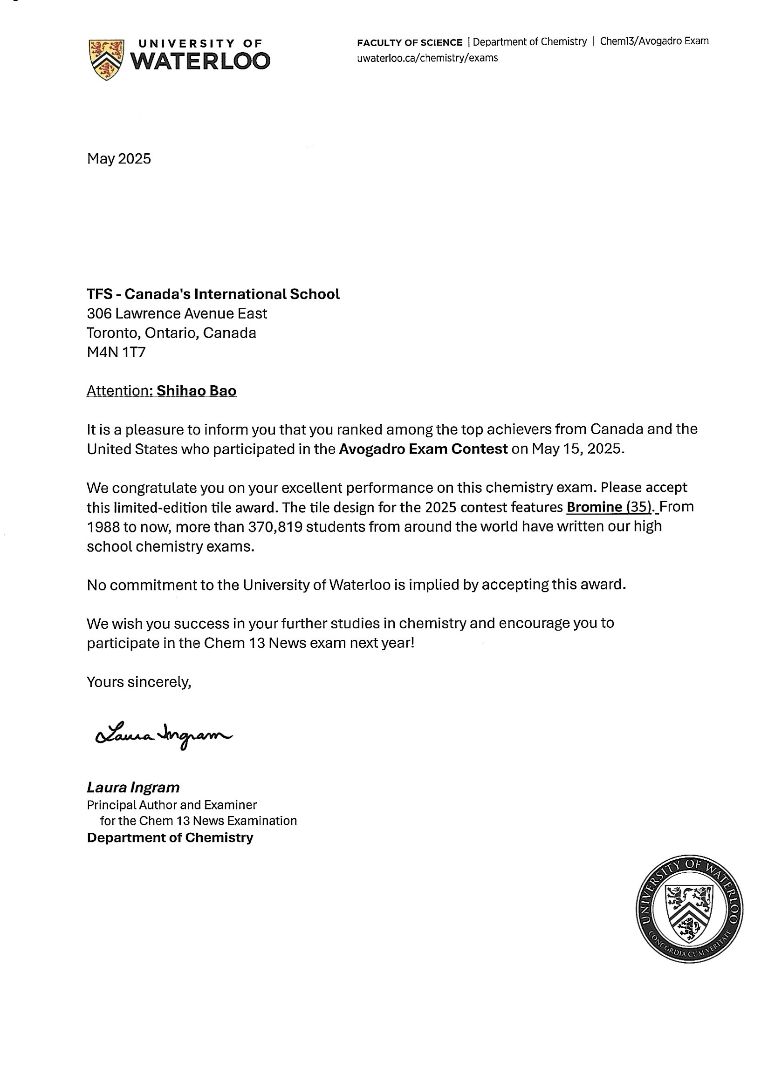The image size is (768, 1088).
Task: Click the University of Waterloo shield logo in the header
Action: (106, 59)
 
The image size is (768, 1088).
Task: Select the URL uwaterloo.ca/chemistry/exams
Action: (427, 58)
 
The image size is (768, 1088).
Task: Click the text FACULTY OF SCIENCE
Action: (410, 42)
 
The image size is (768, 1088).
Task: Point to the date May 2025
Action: (118, 158)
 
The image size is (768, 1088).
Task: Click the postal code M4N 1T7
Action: (116, 352)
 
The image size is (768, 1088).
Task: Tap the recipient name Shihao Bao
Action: (196, 390)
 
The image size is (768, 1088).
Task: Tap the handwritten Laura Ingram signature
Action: (163, 735)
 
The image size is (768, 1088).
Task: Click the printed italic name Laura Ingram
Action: (133, 788)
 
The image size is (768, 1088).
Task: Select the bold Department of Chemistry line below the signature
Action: (170, 837)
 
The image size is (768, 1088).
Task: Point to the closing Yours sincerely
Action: (139, 682)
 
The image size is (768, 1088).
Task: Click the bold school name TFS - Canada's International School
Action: (213, 294)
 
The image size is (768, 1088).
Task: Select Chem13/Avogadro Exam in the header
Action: (654, 41)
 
